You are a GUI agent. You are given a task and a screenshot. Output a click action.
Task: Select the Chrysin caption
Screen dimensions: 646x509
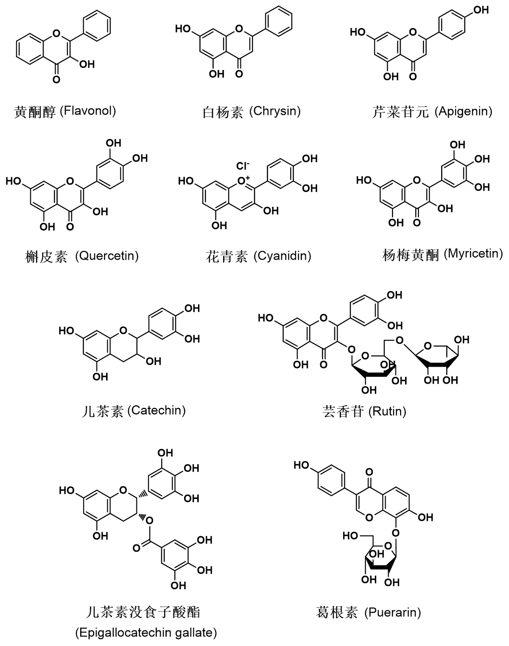275,111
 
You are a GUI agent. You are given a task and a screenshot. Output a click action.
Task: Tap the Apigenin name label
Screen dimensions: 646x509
465,111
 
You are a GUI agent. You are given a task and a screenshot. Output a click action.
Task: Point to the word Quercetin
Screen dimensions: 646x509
107,256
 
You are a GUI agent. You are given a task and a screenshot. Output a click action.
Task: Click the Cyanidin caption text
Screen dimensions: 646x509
282,256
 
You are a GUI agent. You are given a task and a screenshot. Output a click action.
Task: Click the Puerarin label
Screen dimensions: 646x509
393,612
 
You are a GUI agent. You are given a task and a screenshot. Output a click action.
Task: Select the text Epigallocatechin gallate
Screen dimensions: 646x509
146,633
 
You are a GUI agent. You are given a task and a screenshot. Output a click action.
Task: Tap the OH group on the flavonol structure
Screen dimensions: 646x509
87,64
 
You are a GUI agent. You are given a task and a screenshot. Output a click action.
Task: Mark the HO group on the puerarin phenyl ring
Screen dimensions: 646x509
302,465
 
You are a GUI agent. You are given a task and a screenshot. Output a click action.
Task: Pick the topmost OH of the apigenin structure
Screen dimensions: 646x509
481,10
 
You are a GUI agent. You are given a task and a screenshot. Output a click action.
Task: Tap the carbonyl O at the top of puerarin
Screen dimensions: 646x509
369,472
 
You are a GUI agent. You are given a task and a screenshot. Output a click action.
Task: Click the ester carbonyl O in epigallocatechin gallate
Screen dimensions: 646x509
136,548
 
